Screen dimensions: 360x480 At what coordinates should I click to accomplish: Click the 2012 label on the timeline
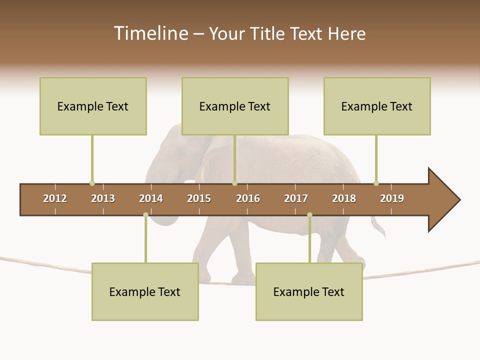pyautogui.click(x=55, y=198)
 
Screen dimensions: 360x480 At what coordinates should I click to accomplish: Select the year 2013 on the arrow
pyautogui.click(x=103, y=198)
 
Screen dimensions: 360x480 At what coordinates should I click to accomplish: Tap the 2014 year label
pyautogui.click(x=151, y=198)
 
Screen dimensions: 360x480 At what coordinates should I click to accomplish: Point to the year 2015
pyautogui.click(x=199, y=198)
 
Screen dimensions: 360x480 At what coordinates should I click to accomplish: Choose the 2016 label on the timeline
pyautogui.click(x=248, y=198)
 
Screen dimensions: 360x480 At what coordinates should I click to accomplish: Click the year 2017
pyautogui.click(x=296, y=198)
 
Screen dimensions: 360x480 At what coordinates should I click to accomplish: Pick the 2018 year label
pyautogui.click(x=344, y=198)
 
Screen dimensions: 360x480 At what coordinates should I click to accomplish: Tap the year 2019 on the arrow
pyautogui.click(x=392, y=198)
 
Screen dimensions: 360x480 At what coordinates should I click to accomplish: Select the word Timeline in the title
pyautogui.click(x=149, y=33)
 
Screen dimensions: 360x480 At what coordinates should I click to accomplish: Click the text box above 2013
pyautogui.click(x=93, y=106)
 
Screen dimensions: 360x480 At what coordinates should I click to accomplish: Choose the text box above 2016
pyautogui.click(x=235, y=106)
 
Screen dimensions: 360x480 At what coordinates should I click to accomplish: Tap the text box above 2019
pyautogui.click(x=377, y=106)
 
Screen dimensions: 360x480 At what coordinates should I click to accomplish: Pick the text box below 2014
pyautogui.click(x=145, y=291)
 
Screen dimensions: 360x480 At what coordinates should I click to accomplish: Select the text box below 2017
pyautogui.click(x=309, y=291)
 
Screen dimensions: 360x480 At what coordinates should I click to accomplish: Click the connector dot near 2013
pyautogui.click(x=92, y=183)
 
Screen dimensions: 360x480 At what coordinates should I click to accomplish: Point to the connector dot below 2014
pyautogui.click(x=145, y=215)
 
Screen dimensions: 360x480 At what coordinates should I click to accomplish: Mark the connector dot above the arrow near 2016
pyautogui.click(x=234, y=183)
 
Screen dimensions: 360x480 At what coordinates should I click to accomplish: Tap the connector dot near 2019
pyautogui.click(x=376, y=183)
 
